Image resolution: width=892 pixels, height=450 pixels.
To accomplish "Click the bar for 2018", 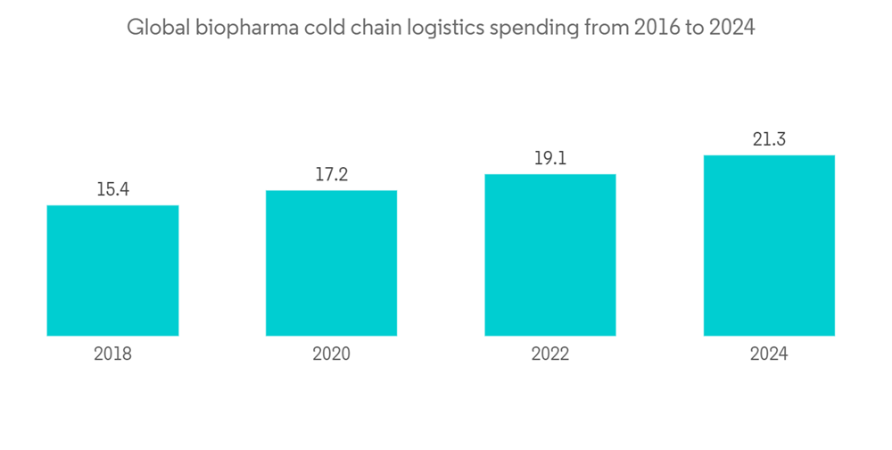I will [x=112, y=271].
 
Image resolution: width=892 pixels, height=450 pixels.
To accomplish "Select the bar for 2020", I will [x=331, y=262].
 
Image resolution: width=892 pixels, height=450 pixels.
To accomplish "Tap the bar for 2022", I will [x=550, y=254].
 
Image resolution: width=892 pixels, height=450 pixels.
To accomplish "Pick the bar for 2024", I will [x=769, y=246].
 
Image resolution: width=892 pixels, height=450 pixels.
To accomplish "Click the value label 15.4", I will [x=112, y=189].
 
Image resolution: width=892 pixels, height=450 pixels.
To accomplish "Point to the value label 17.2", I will [x=331, y=174].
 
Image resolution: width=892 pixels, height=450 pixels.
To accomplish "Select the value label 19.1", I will [x=550, y=158].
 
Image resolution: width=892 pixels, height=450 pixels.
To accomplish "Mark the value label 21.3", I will [x=769, y=139].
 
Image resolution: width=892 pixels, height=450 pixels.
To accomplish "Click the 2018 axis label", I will [x=112, y=354].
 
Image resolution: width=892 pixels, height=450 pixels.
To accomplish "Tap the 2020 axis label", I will [x=331, y=354].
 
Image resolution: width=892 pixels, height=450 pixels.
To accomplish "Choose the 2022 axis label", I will [x=550, y=354].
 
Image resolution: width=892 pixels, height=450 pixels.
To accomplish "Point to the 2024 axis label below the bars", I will [x=769, y=354].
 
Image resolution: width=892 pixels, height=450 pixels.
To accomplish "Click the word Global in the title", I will [x=153, y=28].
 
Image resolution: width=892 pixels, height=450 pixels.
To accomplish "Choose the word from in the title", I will [x=605, y=28].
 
